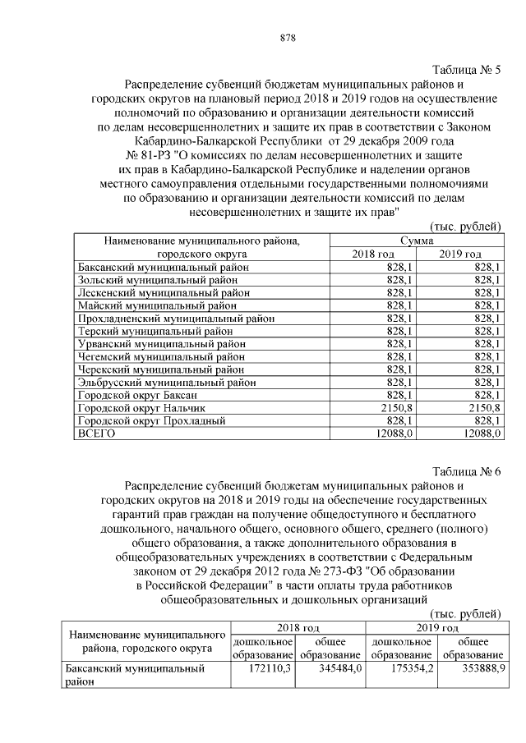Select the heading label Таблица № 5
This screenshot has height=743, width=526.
(466, 70)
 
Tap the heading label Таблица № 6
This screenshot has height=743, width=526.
(466, 470)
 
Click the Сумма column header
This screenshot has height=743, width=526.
(418, 241)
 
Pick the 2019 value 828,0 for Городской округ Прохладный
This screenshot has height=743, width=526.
(485, 420)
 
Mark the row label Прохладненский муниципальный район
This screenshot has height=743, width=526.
(176, 319)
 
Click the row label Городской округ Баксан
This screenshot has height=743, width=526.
(137, 395)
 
